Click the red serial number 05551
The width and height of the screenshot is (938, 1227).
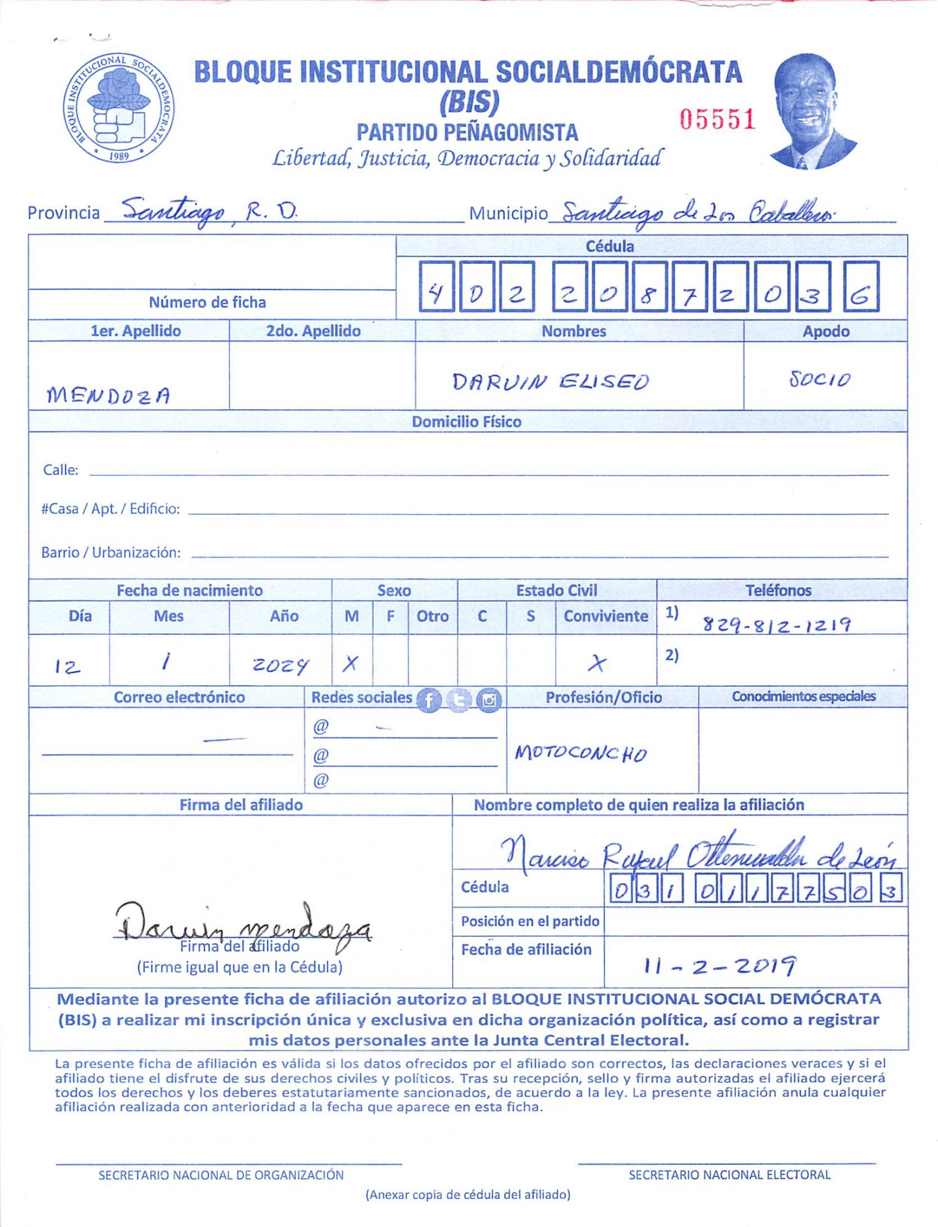(x=717, y=119)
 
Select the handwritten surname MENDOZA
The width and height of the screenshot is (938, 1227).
(x=109, y=394)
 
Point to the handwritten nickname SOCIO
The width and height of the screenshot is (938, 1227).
(x=820, y=379)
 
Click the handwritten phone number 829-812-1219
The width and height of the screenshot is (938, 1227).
(x=777, y=625)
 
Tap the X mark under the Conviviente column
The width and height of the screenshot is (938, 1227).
(x=596, y=663)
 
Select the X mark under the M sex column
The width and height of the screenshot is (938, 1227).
(x=350, y=663)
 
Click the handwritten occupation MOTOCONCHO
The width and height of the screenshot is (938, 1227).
(x=581, y=753)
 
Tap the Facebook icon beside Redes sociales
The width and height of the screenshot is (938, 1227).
(x=429, y=700)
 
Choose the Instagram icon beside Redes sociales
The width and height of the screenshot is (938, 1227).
(x=489, y=700)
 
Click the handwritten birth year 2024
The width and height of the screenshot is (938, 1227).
(x=280, y=665)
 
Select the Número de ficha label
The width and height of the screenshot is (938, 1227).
(x=207, y=302)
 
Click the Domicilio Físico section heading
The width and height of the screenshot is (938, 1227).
(x=466, y=422)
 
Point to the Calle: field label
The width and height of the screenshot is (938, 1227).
(x=60, y=470)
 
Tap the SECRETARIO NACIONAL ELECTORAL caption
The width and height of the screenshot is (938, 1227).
(x=729, y=1175)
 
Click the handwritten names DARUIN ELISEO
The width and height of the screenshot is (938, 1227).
(x=550, y=382)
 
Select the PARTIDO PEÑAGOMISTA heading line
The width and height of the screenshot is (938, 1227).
(x=467, y=133)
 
